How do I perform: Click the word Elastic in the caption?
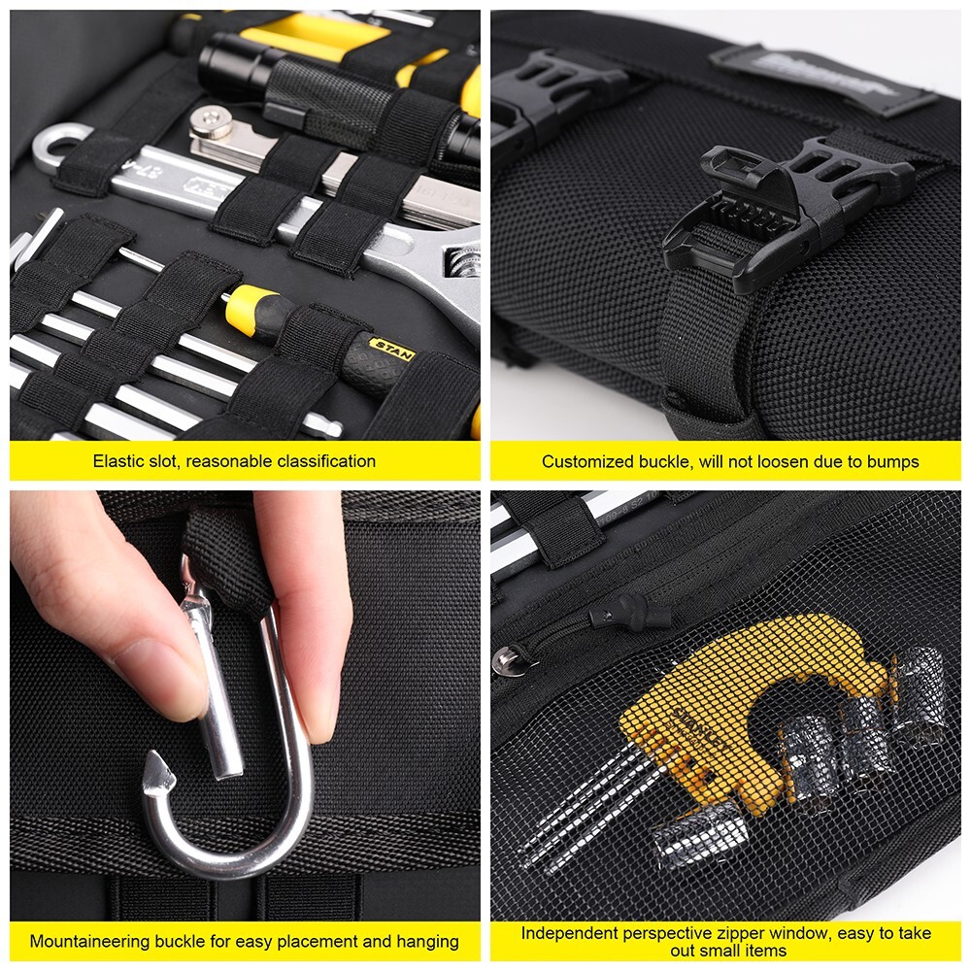pos(117,461)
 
